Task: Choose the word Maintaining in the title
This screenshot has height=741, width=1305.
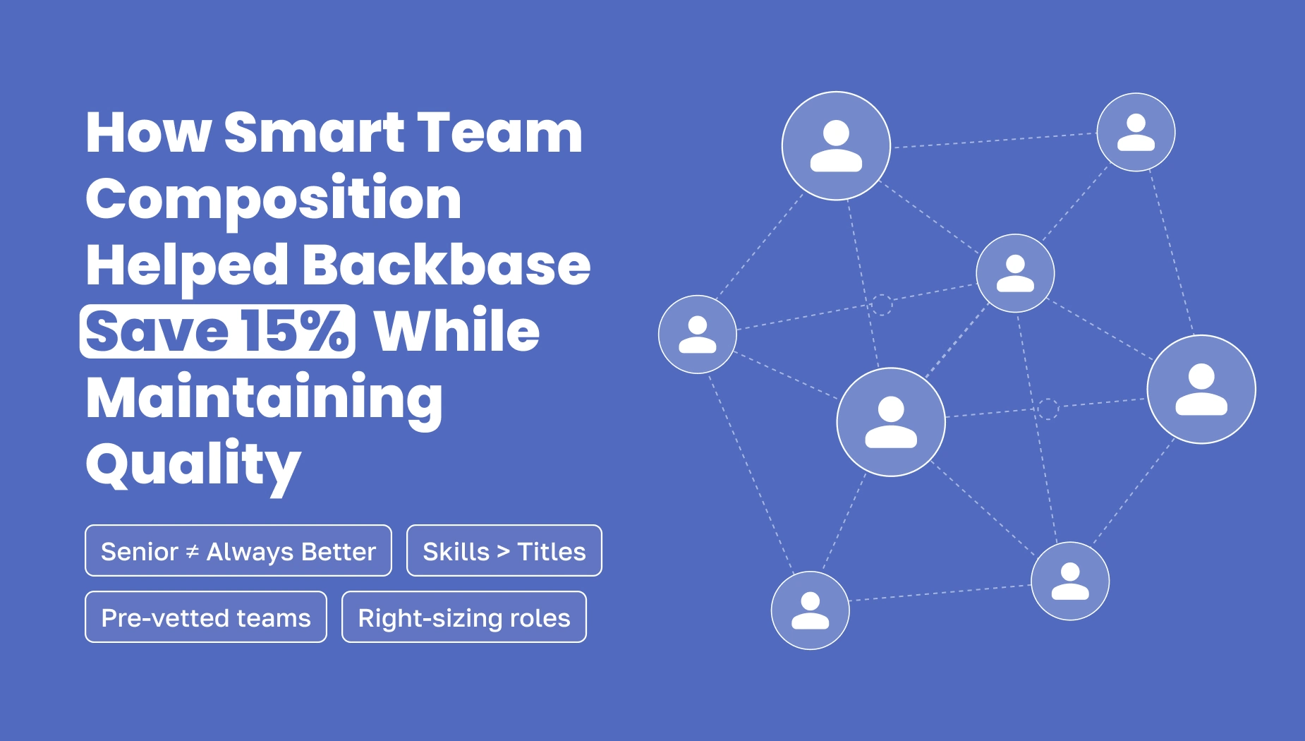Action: click(265, 399)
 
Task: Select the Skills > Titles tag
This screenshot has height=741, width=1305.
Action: click(504, 550)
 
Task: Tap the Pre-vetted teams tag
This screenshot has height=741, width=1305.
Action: click(206, 617)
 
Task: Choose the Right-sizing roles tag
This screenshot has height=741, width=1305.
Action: click(464, 617)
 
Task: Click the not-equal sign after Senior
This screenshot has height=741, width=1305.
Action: click(192, 552)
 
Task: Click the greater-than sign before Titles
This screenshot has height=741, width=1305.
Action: click(503, 552)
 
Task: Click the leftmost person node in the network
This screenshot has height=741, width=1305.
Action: click(698, 335)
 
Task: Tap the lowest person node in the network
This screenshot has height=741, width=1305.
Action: click(811, 610)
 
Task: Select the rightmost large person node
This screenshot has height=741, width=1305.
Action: click(1201, 390)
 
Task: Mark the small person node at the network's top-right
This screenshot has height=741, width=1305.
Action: click(1136, 132)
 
